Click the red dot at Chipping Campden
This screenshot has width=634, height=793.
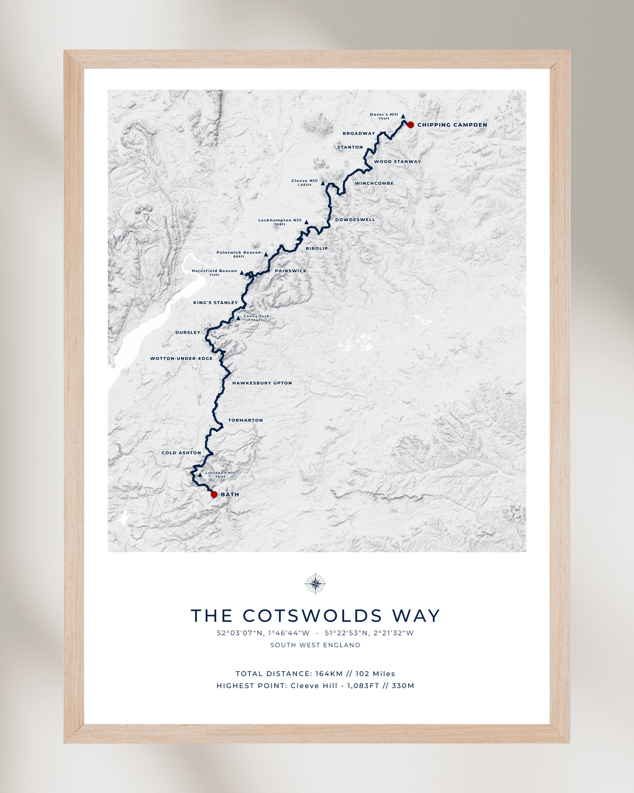(410, 125)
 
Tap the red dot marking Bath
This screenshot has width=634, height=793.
(214, 494)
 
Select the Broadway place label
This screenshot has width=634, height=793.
(358, 133)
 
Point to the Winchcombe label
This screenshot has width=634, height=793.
(374, 184)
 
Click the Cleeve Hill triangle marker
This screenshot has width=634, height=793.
(322, 184)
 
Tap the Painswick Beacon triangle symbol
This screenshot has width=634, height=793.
(266, 254)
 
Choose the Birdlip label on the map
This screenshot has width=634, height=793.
(316, 249)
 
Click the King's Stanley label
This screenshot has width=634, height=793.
(215, 303)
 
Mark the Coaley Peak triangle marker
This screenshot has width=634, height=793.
(238, 318)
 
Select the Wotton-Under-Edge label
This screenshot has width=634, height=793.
(181, 358)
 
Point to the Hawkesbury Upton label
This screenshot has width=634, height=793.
(262, 383)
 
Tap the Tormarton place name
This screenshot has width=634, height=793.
(245, 420)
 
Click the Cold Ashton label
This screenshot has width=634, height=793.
(181, 453)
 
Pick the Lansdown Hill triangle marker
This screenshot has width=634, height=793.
(200, 475)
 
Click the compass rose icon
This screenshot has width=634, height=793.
(315, 584)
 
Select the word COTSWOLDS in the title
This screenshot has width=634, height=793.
(312, 616)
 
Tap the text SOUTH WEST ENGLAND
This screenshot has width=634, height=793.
(315, 645)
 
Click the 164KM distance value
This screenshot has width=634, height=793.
(329, 674)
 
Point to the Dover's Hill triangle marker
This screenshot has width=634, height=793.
(403, 116)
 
